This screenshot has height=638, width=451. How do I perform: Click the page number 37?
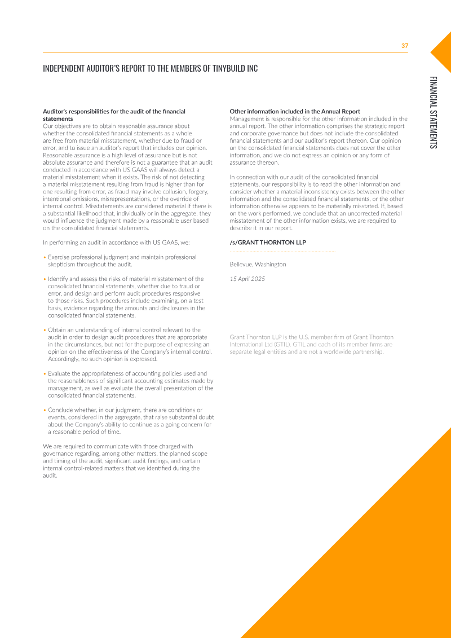pyautogui.click(x=404, y=46)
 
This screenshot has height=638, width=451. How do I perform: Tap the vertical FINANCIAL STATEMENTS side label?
pyautogui.click(x=432, y=112)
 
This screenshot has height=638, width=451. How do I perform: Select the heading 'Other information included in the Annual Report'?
pyautogui.click(x=295, y=112)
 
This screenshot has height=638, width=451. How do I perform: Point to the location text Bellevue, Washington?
pyautogui.click(x=258, y=264)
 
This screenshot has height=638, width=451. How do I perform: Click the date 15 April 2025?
pyautogui.click(x=247, y=279)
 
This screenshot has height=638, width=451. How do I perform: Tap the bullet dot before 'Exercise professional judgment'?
pyautogui.click(x=45, y=257)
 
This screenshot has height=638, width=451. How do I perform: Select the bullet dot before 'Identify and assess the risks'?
pyautogui.click(x=45, y=279)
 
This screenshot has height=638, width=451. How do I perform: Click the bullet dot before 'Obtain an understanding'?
pyautogui.click(x=45, y=330)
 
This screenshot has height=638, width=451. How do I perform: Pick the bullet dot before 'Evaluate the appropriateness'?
pyautogui.click(x=45, y=373)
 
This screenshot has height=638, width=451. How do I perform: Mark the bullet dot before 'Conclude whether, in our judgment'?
pyautogui.click(x=45, y=410)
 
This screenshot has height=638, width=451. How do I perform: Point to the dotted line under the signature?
pyautogui.click(x=282, y=251)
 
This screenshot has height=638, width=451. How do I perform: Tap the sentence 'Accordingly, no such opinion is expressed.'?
pyautogui.click(x=102, y=359)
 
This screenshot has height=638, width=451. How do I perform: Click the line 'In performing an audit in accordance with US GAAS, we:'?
pyautogui.click(x=116, y=243)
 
